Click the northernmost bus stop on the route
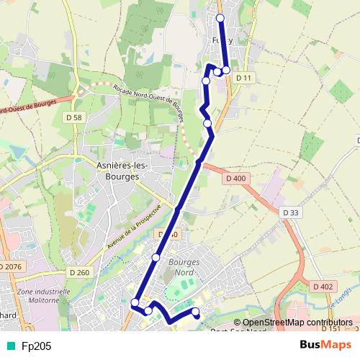click(x=220, y=18)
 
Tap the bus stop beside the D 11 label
click(x=226, y=70)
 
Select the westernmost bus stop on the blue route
click(x=135, y=303)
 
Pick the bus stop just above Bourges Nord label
click(x=156, y=258)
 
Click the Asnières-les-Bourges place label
click(x=122, y=169)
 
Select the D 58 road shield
click(x=73, y=117)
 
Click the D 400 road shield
click(x=235, y=178)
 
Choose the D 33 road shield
click(x=290, y=212)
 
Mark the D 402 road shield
click(x=323, y=287)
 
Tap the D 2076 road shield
click(x=11, y=267)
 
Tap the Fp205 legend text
click(x=36, y=346)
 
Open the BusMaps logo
click(x=325, y=345)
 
